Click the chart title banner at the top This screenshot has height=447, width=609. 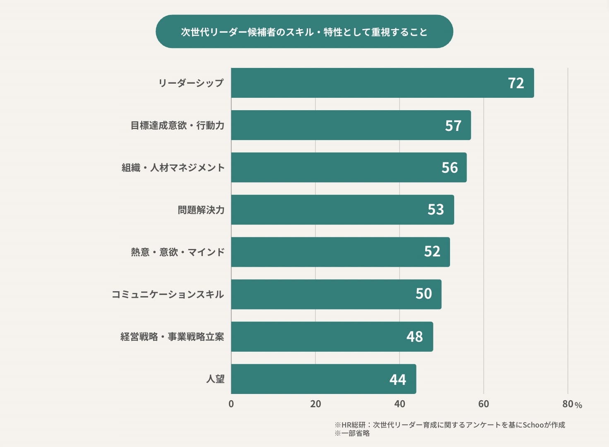(x=304, y=32)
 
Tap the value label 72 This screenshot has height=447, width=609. (x=516, y=83)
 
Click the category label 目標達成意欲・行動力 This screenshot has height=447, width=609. (x=177, y=126)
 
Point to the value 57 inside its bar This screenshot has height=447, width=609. (x=453, y=126)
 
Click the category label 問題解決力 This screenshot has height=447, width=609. (x=201, y=210)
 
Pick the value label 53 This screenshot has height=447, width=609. (x=436, y=210)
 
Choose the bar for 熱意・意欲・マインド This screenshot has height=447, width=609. (x=331, y=252)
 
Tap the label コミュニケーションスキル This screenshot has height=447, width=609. (x=168, y=295)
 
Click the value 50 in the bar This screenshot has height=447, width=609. (x=424, y=294)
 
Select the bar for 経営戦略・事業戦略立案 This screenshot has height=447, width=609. (x=323, y=337)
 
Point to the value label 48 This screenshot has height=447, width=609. (x=414, y=337)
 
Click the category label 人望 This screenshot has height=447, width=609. (x=215, y=379)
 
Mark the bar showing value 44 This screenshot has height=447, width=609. (x=315, y=379)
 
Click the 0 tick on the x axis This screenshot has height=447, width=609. (x=231, y=404)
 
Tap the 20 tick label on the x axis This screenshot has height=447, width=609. (x=315, y=404)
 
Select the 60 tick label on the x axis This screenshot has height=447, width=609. (x=484, y=404)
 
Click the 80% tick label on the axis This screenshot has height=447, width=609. (x=572, y=404)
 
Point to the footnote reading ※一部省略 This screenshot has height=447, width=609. (x=352, y=433)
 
